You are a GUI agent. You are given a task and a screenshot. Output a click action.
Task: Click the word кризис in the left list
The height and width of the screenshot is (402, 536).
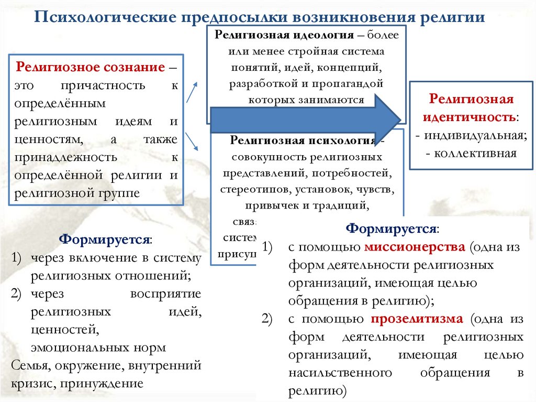click(x=31, y=383)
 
